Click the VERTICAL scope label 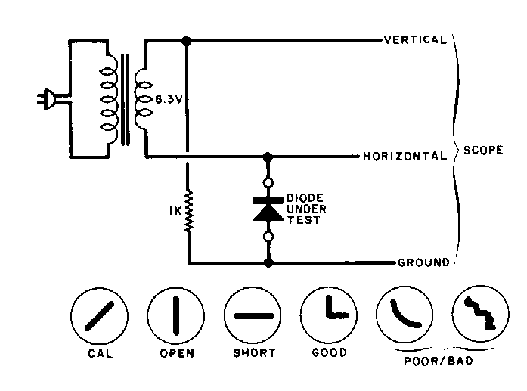(415, 39)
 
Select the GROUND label (423, 263)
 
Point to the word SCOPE (483, 150)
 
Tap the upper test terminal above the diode (267, 182)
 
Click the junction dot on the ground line (267, 263)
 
